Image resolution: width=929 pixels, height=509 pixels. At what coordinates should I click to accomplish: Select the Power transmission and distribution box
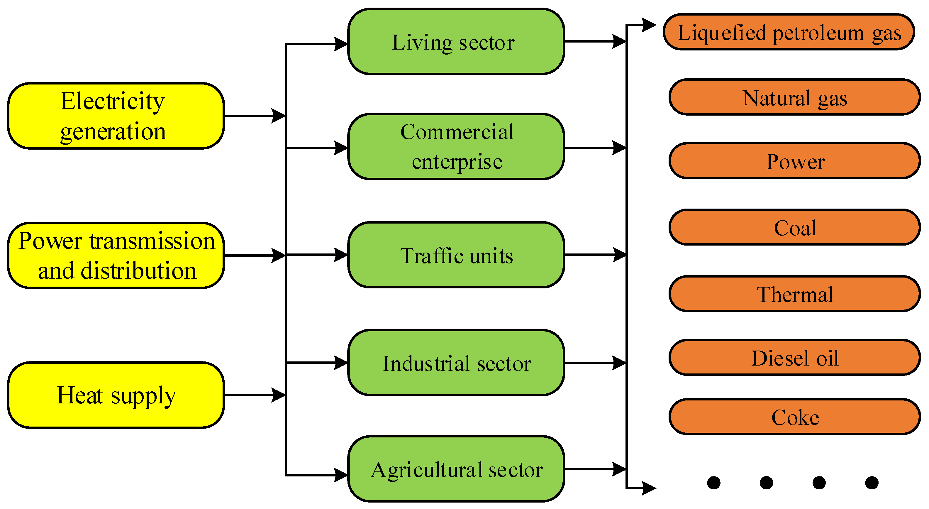[x=116, y=256]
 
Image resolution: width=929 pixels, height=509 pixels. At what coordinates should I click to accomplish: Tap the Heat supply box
[x=116, y=395]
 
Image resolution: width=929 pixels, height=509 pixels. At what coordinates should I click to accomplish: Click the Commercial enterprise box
[x=456, y=147]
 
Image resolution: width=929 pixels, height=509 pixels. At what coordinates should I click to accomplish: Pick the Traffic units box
[x=456, y=255]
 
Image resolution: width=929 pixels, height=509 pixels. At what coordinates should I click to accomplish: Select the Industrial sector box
[x=456, y=363]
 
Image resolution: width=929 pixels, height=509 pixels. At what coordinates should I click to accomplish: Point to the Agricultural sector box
[x=456, y=469]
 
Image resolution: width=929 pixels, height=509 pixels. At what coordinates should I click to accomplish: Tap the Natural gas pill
[x=794, y=97]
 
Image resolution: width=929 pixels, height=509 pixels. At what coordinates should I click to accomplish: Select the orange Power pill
[x=794, y=161]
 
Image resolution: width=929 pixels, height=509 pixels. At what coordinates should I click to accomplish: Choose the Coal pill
[x=794, y=227]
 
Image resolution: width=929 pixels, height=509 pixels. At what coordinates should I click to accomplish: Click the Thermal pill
[x=794, y=294]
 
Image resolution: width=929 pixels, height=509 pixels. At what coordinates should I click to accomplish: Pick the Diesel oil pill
[x=794, y=358]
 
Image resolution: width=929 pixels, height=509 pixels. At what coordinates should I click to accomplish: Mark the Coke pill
[x=794, y=417]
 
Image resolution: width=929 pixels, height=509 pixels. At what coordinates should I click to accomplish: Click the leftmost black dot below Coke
[x=714, y=483]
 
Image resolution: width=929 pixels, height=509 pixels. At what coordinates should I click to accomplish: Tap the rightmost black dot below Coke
[x=872, y=483]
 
